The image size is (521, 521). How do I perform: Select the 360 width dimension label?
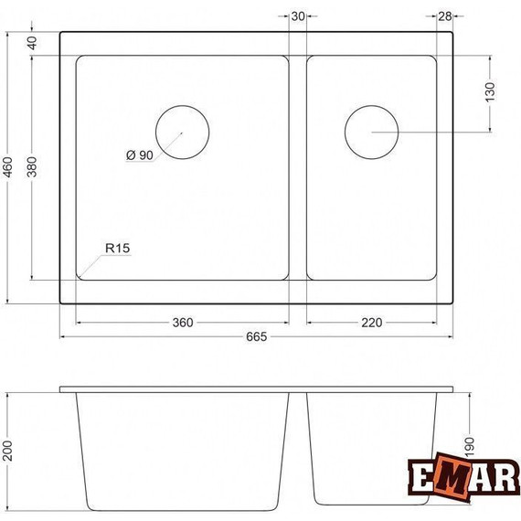pos(183,323)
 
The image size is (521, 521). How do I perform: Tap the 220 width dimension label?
pos(370,323)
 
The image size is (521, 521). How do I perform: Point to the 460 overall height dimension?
pos(8,167)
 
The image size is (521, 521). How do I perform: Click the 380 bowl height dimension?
pos(34,167)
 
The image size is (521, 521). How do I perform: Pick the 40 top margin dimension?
pos(34,42)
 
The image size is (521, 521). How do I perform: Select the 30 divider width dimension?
pos(298,16)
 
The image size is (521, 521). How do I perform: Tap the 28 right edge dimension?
pos(445,16)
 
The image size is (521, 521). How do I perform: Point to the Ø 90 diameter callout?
pos(139,155)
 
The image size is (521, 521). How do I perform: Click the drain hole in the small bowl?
pos(371,131)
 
